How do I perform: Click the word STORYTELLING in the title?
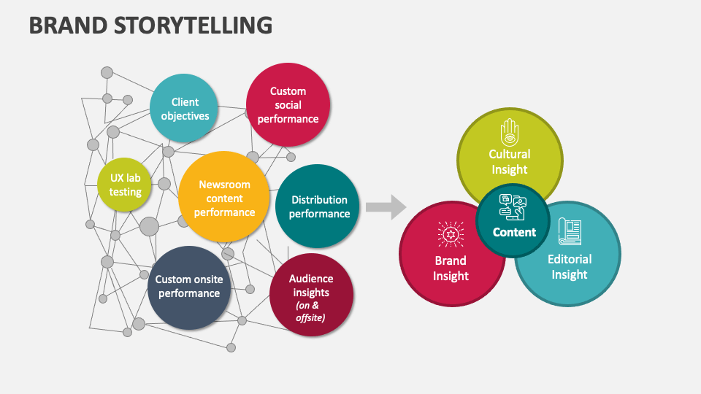tap(194, 25)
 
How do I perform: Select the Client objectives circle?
tap(185, 109)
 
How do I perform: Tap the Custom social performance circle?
tap(288, 105)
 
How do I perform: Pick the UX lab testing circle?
tap(126, 185)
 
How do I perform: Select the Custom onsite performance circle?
tap(188, 287)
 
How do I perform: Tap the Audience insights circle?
tap(311, 295)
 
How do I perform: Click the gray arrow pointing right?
tap(386, 206)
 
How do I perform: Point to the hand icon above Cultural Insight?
tap(509, 133)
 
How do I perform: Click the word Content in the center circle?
tap(514, 232)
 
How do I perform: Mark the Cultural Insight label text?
tap(509, 162)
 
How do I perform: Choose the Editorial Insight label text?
tap(570, 267)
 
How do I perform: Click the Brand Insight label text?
tap(451, 269)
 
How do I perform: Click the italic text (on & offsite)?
tap(311, 312)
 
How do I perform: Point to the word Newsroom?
tap(224, 185)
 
